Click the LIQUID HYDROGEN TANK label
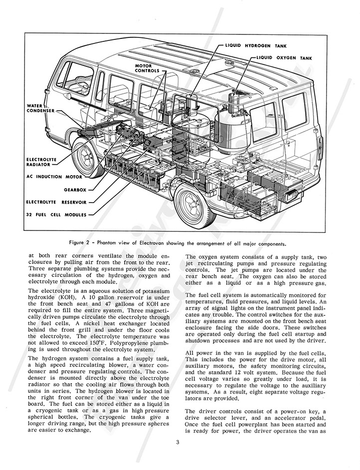pos(252,46)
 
